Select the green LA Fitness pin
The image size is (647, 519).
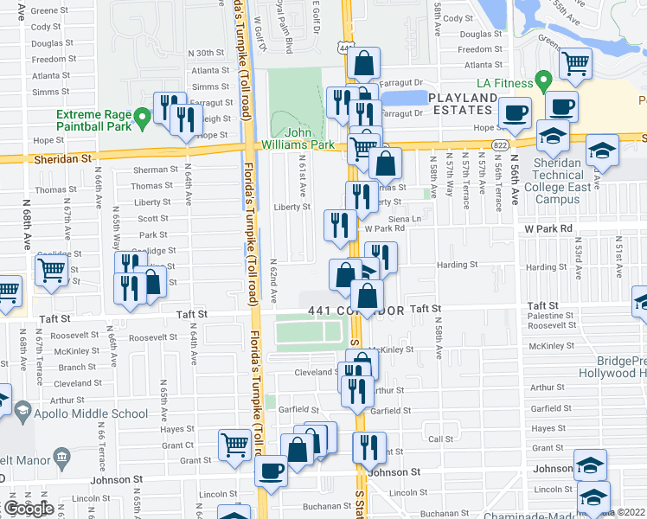(x=543, y=83)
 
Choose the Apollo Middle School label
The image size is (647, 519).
(x=91, y=413)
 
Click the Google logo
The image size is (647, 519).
(x=29, y=509)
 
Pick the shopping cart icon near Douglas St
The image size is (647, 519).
(x=575, y=63)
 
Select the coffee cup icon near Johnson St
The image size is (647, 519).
(x=271, y=471)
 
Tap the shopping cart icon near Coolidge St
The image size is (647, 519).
(x=51, y=271)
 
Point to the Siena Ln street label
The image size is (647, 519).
(x=409, y=219)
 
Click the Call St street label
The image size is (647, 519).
(x=440, y=439)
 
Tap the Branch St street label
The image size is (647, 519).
(x=78, y=368)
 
